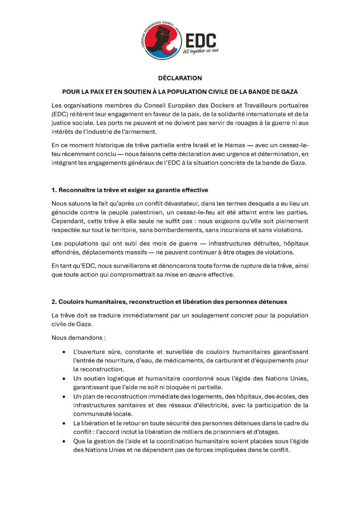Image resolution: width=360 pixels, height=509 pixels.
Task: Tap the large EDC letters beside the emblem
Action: pos(200,40)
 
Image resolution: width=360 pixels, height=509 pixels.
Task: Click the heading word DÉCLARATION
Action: pos(180,78)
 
